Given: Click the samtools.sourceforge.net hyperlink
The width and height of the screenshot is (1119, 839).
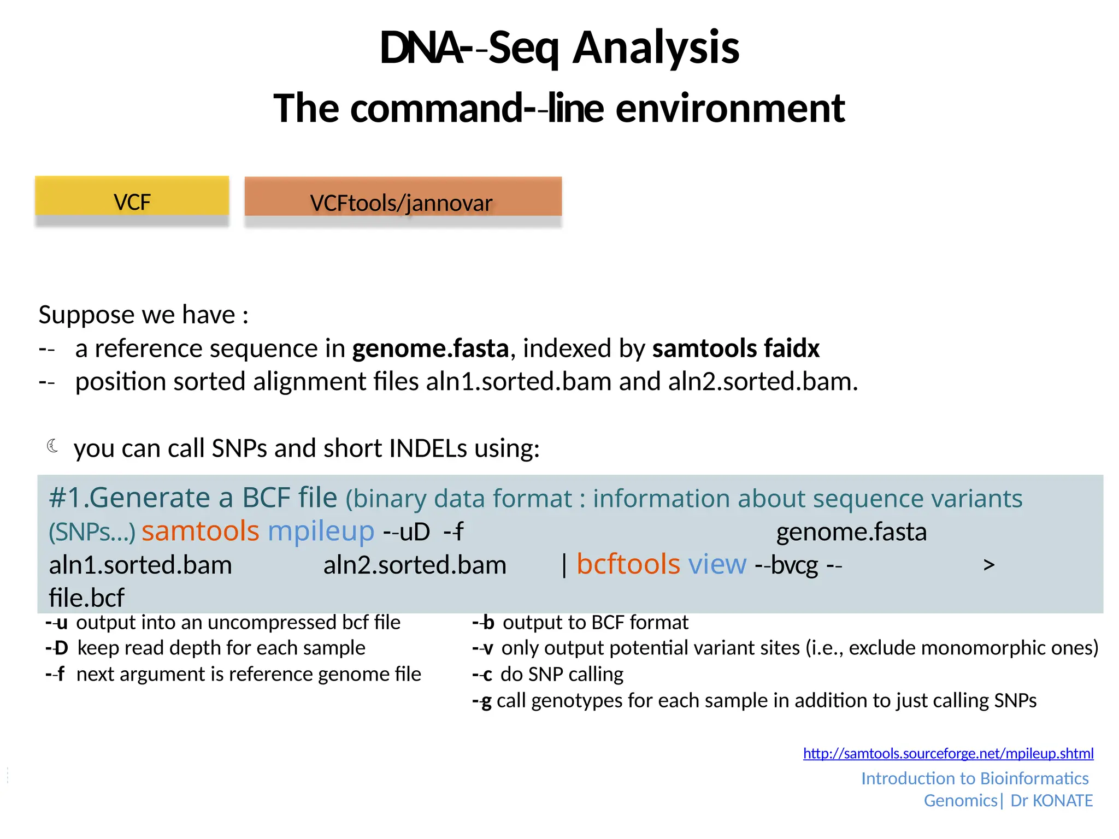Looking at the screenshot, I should click(948, 753).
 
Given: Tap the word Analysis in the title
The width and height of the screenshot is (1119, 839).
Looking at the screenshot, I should click(656, 48).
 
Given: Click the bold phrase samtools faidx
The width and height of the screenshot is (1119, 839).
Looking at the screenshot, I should click(735, 348).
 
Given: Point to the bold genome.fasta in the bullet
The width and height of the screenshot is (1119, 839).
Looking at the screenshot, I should click(430, 348).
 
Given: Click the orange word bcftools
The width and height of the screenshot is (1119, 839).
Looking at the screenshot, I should click(628, 564).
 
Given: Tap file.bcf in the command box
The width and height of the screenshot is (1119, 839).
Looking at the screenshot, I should click(86, 598).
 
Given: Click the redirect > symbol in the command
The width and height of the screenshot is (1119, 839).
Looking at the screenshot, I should click(988, 565).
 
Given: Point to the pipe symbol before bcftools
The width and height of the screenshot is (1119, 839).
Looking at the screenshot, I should click(564, 565).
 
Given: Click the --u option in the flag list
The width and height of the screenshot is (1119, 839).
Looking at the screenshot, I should click(56, 623).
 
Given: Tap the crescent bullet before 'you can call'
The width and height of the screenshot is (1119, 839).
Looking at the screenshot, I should click(52, 446).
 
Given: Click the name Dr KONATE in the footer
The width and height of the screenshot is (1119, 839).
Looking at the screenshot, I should click(1051, 800).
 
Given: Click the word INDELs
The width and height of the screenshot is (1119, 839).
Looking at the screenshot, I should click(428, 448).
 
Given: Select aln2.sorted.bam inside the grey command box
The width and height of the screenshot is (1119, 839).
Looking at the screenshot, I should click(415, 565).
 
